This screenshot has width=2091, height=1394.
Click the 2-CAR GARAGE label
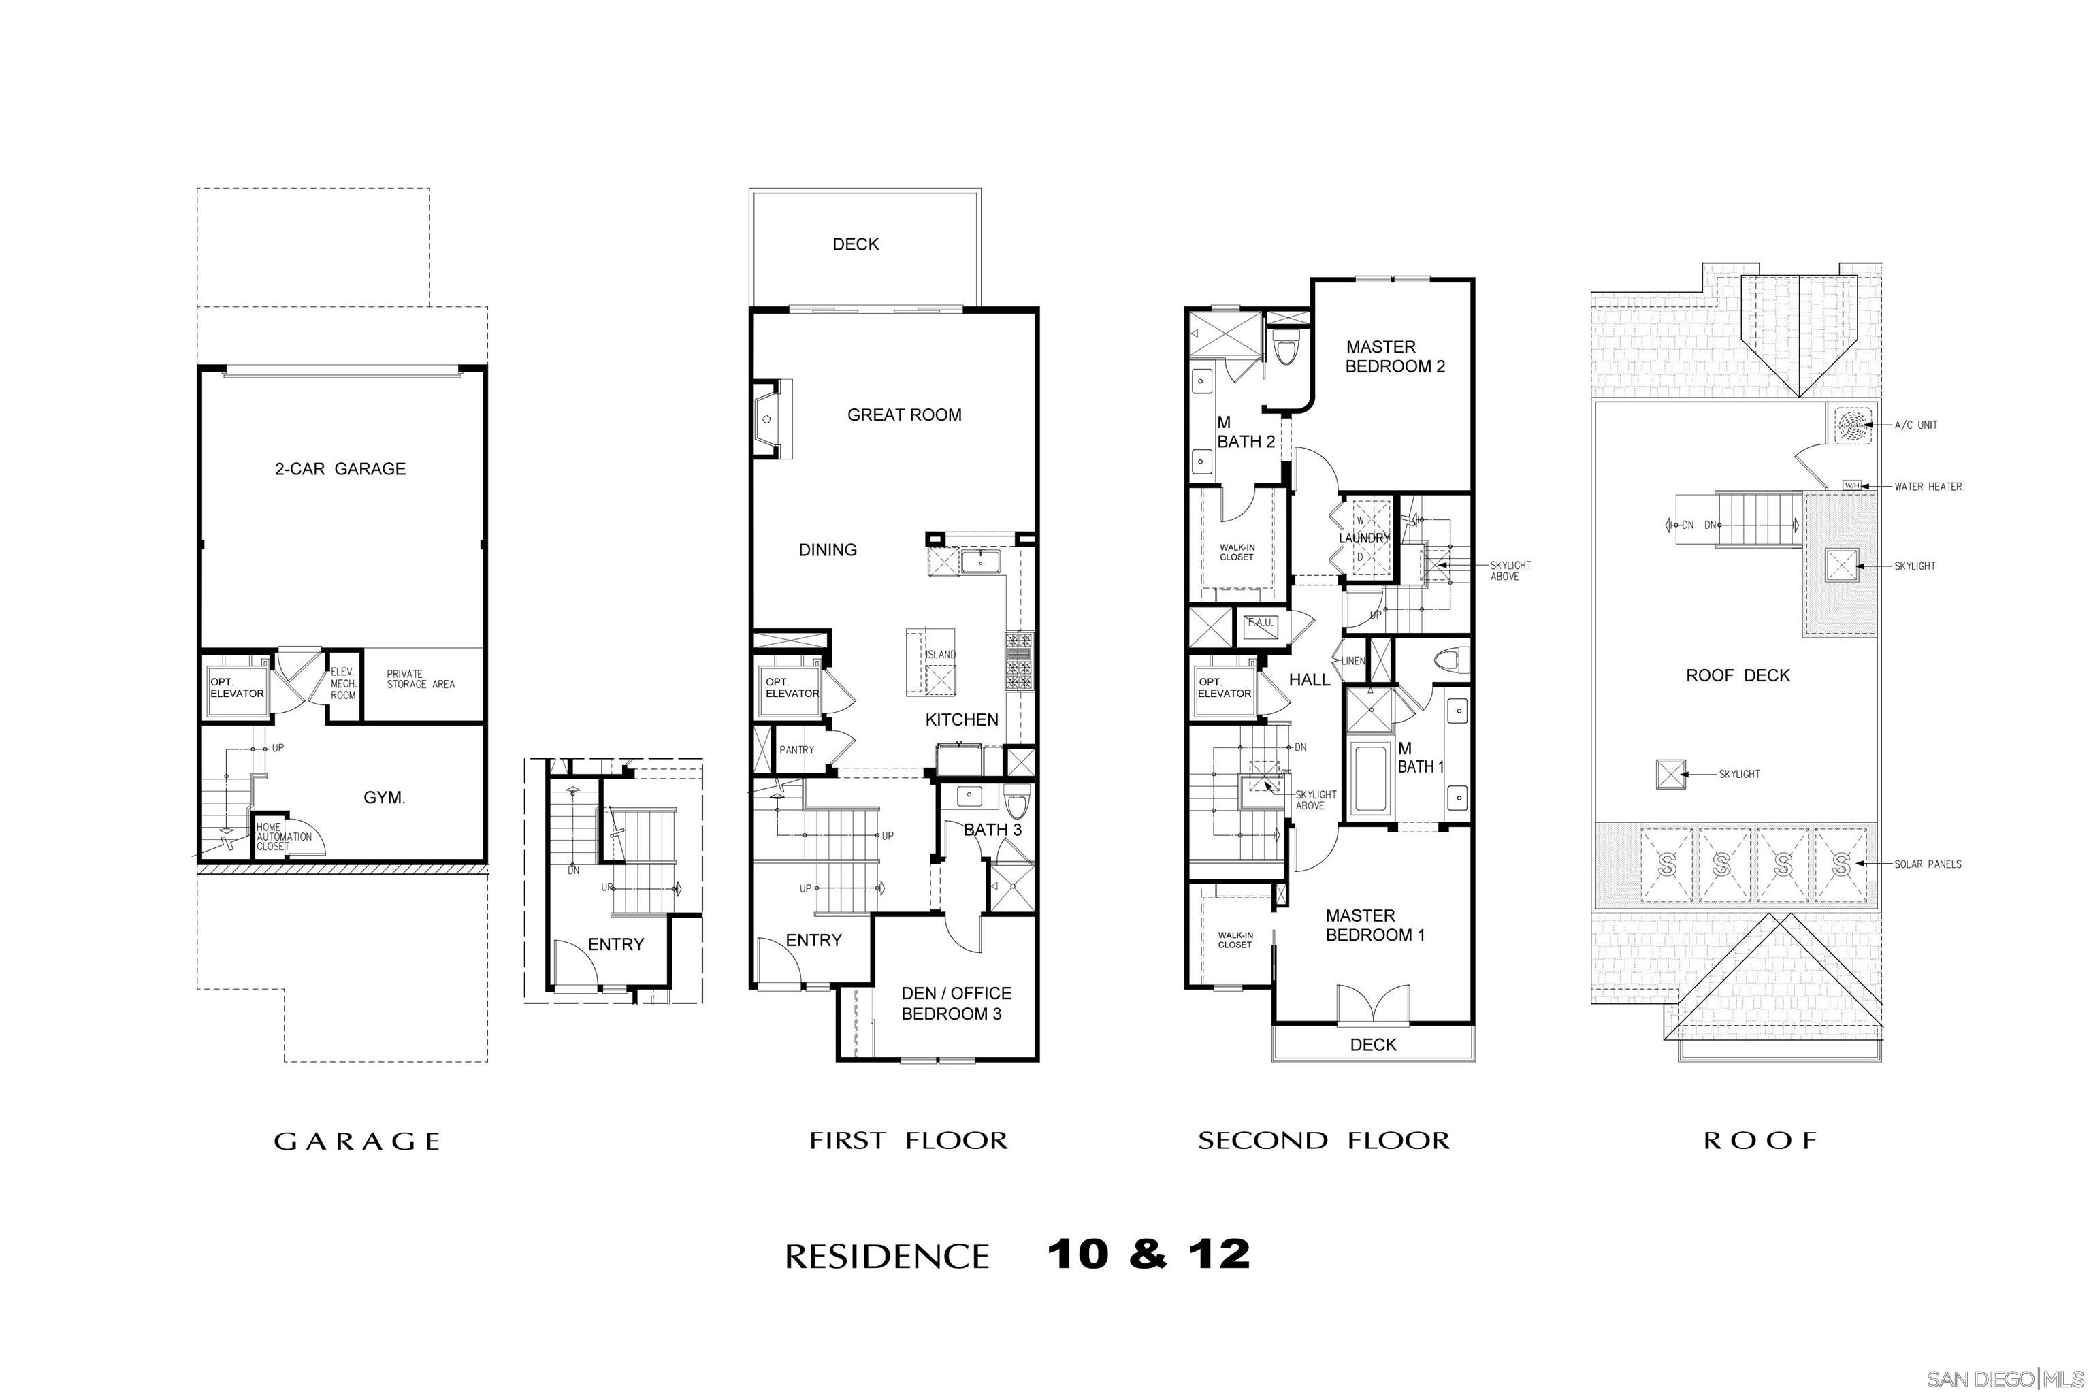[340, 468]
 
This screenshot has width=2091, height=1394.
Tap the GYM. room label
[384, 798]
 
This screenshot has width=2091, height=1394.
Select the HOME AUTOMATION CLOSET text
[282, 837]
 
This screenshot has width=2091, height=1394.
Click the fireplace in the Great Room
[770, 419]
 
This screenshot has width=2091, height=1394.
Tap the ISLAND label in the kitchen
[941, 654]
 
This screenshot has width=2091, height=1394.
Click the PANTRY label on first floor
[796, 749]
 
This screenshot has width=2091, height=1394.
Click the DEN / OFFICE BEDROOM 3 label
[956, 1003]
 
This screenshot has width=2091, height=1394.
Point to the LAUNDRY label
[1364, 538]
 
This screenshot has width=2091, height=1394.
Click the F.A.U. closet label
[1260, 622]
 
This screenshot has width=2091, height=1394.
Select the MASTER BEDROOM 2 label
[1394, 357]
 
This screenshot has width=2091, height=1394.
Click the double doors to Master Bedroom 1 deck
[1374, 1004]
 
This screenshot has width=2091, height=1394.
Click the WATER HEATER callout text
[1928, 486]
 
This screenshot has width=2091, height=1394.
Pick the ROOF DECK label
[1737, 676]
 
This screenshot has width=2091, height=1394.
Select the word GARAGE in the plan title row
[357, 1141]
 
